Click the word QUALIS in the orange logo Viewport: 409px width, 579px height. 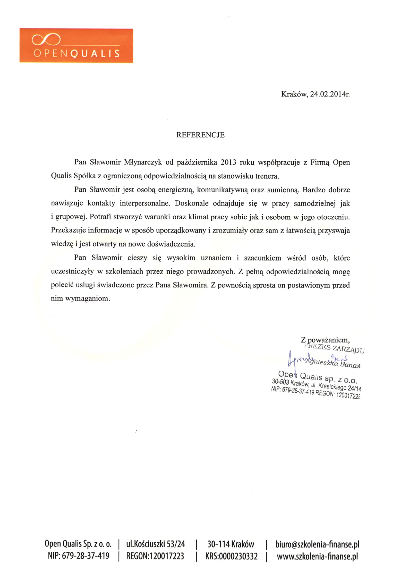95,54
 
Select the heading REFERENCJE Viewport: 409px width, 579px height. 200,135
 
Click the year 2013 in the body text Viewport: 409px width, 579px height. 228,162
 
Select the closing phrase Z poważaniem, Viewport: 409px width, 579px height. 325,340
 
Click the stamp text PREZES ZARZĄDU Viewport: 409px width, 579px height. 334,348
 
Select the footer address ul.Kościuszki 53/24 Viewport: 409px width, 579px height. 156,544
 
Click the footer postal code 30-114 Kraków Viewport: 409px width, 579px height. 231,544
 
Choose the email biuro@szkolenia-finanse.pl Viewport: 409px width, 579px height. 317,544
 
